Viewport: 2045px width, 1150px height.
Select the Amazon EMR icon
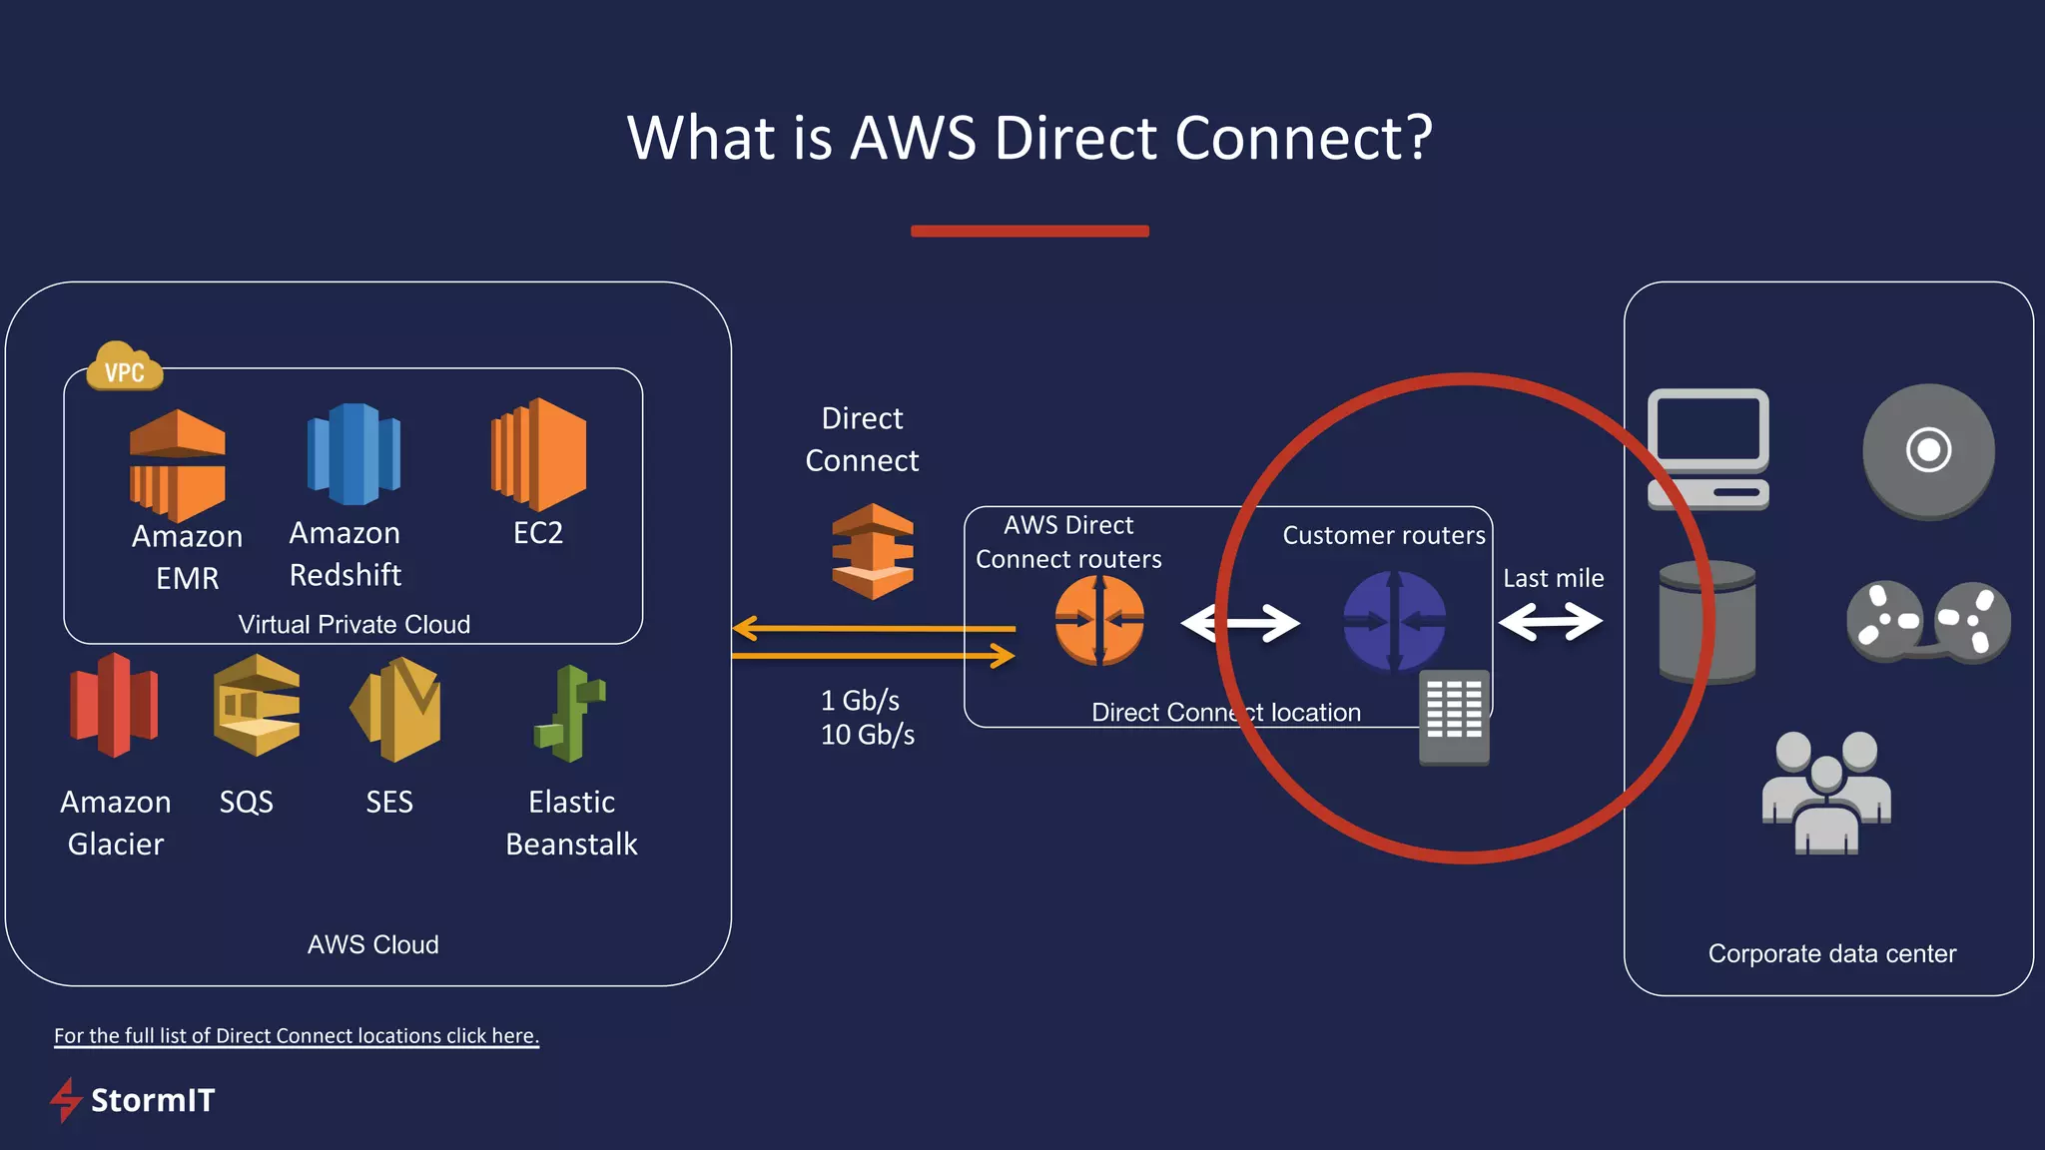178,464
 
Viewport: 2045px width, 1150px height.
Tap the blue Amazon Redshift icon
353,454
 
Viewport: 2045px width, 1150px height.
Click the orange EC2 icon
539,453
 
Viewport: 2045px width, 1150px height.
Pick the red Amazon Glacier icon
114,705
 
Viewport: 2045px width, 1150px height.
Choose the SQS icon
256,705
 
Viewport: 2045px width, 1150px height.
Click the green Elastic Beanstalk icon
570,713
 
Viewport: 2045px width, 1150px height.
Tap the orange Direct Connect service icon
873,551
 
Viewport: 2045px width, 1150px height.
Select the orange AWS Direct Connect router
1099,620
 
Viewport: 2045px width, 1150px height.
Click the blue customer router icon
1394,621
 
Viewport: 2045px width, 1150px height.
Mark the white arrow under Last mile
1551,622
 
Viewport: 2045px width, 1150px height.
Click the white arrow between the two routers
1240,623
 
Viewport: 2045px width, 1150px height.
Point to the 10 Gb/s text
867,735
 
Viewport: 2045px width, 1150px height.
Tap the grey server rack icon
1454,717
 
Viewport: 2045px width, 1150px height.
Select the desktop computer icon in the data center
1707,448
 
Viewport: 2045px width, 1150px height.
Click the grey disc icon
1928,451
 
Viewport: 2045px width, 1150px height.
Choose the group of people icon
1826,793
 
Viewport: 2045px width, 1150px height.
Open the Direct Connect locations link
296,1035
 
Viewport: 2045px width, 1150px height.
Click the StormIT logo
133,1099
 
